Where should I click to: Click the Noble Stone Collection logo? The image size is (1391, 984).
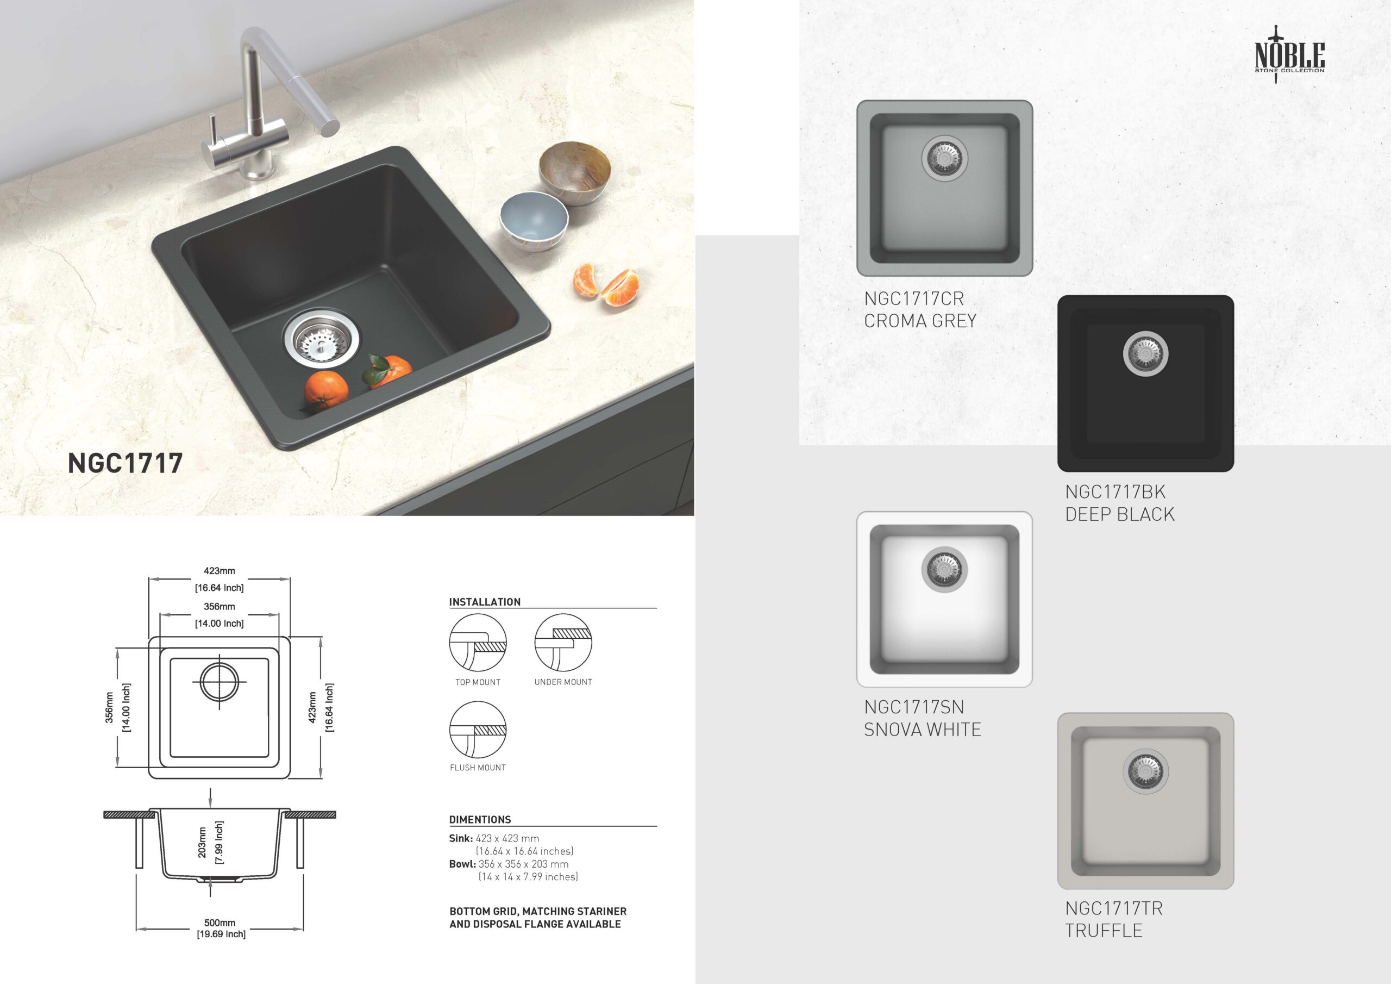1289,54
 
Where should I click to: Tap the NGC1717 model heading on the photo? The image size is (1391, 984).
126,463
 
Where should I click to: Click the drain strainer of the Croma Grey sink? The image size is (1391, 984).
944,158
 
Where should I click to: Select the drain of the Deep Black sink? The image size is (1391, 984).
1145,353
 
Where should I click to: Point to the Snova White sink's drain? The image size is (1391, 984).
944,569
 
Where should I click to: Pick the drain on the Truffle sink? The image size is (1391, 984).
1145,771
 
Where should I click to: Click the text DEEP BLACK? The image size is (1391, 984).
1119,514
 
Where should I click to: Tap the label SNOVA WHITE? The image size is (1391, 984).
922,730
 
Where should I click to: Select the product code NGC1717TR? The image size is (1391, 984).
1113,908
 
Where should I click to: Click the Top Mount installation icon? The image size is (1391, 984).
478,643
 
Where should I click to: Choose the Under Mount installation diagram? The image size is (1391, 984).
563,643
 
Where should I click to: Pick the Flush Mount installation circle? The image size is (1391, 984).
478,730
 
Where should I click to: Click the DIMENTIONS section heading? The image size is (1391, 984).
480,820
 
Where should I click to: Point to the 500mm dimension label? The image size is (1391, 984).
220,923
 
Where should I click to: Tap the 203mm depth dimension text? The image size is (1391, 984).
202,842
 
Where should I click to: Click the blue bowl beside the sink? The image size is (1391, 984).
534,221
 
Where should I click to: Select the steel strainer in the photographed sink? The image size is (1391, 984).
321,339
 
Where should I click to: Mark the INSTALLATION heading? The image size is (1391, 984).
485,602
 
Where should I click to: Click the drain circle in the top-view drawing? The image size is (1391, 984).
220,682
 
